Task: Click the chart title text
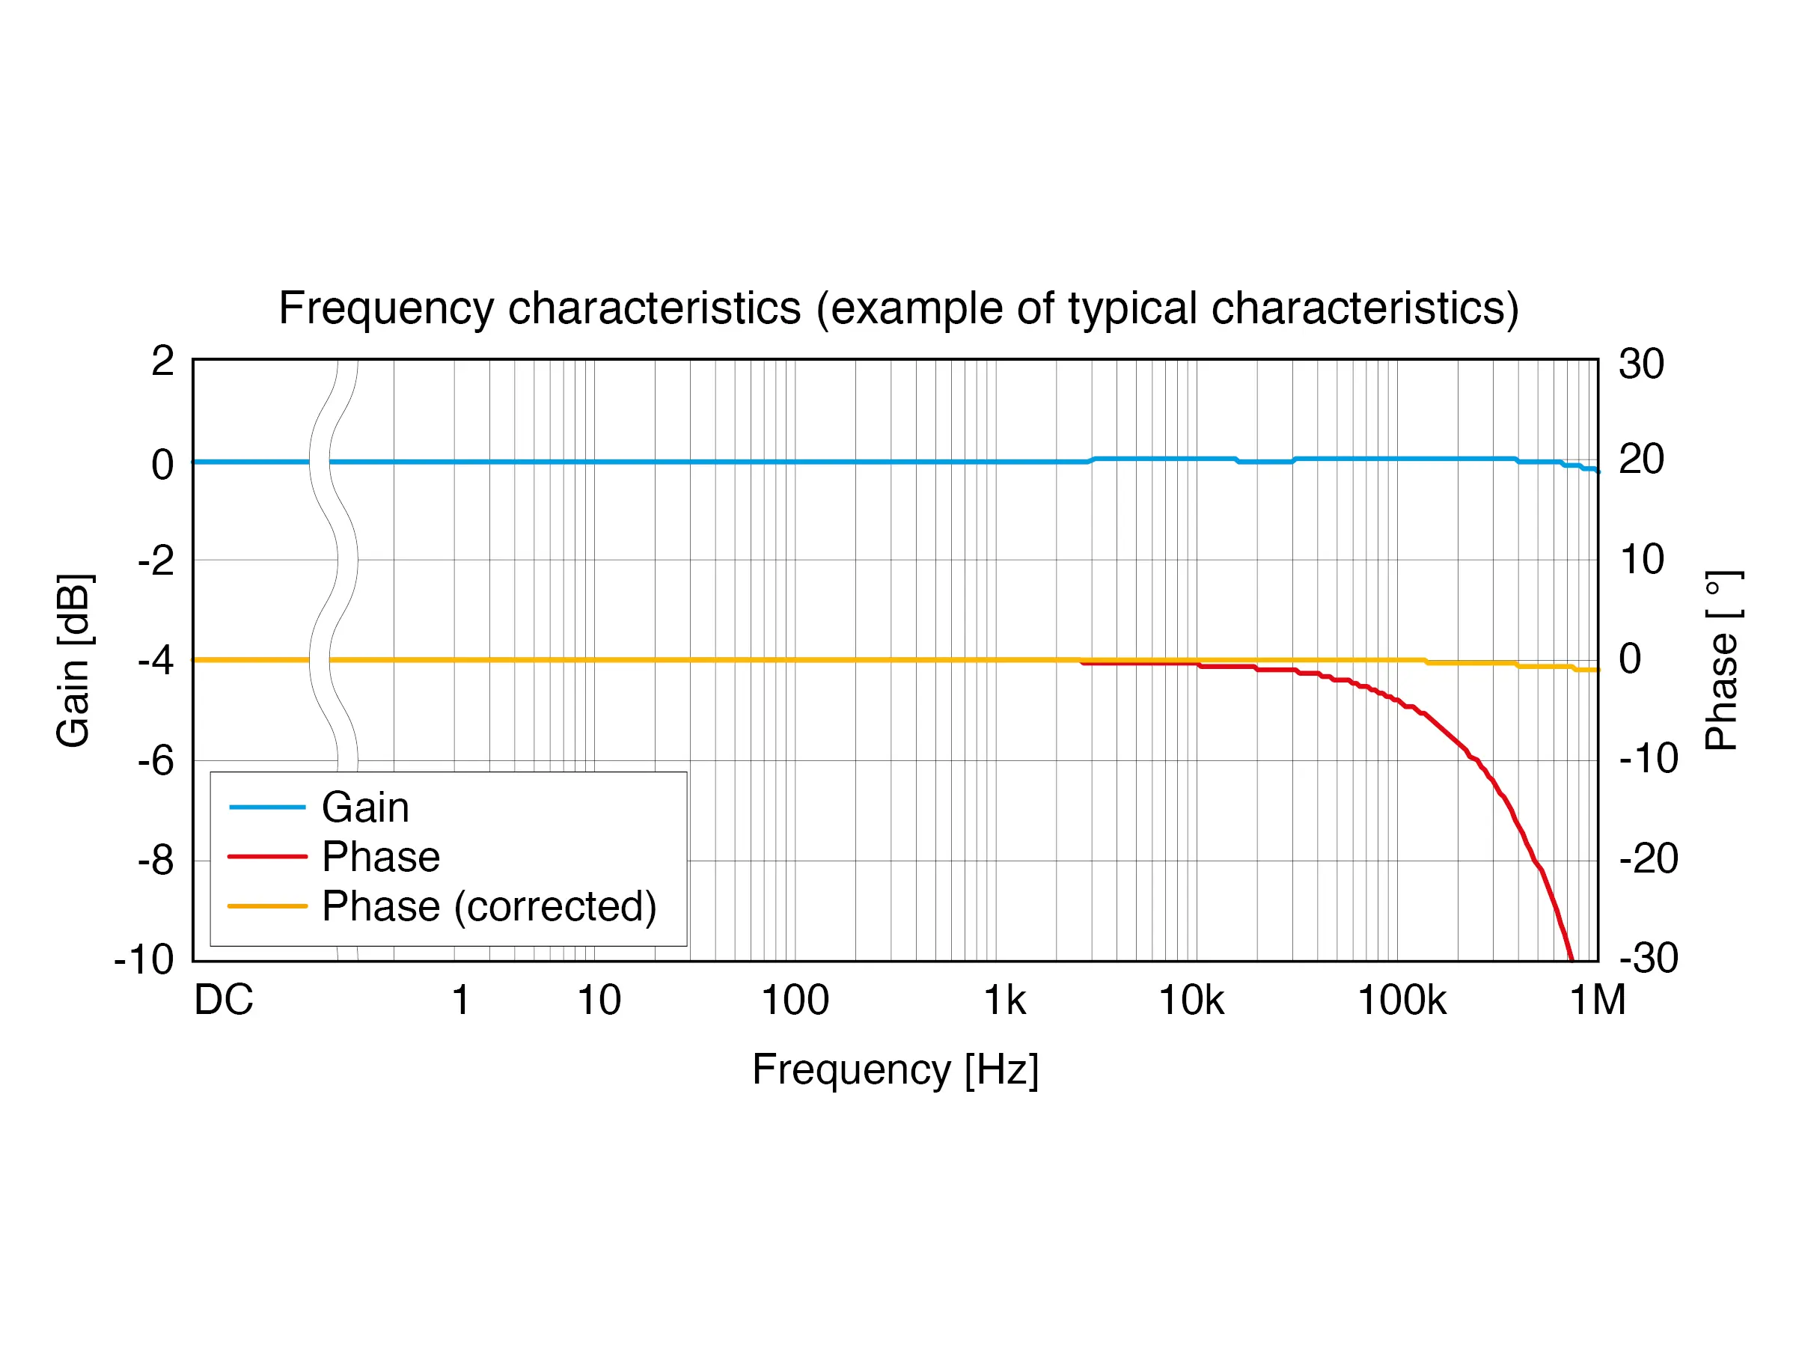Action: click(898, 308)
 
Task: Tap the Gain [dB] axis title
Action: click(74, 660)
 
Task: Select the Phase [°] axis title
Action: click(1721, 660)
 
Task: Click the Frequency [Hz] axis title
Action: click(895, 1069)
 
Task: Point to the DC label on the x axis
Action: click(223, 1001)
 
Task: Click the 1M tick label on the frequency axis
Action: click(1597, 1001)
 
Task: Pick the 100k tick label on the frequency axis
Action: click(1402, 1001)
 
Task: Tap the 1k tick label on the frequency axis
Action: click(1004, 1001)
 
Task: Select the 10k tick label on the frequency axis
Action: click(1191, 1001)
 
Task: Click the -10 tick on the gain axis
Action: click(144, 959)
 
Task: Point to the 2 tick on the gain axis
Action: click(162, 361)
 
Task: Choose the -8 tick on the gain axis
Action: click(156, 860)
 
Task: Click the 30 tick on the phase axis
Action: click(1641, 364)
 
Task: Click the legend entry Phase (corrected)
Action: click(489, 906)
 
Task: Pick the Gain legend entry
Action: click(365, 807)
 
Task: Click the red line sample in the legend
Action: click(267, 857)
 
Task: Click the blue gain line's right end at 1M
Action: click(1596, 470)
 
